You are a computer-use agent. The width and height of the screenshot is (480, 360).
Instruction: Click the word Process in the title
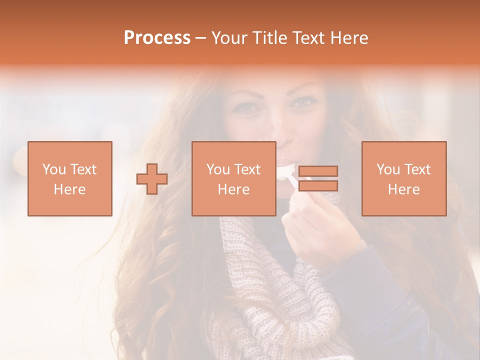tap(157, 38)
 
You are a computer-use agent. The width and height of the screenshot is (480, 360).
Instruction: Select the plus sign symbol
tap(152, 178)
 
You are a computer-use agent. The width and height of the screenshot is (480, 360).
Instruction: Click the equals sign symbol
tap(318, 178)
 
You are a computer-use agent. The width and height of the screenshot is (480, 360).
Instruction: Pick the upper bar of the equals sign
tap(318, 171)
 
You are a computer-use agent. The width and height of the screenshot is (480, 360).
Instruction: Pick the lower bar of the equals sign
tap(318, 186)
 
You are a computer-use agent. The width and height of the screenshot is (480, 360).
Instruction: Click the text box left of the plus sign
tap(69, 178)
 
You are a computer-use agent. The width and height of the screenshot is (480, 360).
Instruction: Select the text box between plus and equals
tap(233, 178)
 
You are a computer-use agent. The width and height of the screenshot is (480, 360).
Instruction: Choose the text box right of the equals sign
tap(403, 178)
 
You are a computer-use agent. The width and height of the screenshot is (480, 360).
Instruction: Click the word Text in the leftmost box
tap(83, 169)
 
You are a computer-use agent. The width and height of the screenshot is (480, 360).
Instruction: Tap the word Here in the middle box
tap(233, 189)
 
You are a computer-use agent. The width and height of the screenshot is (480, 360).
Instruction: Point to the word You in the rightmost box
tap(388, 169)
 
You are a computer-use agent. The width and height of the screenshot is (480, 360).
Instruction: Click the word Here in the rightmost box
tap(403, 189)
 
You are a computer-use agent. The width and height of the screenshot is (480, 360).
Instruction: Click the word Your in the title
tap(230, 38)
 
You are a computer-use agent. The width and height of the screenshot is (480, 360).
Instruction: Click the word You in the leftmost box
tap(54, 169)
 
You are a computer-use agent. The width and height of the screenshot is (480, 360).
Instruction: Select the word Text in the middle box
tap(247, 169)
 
